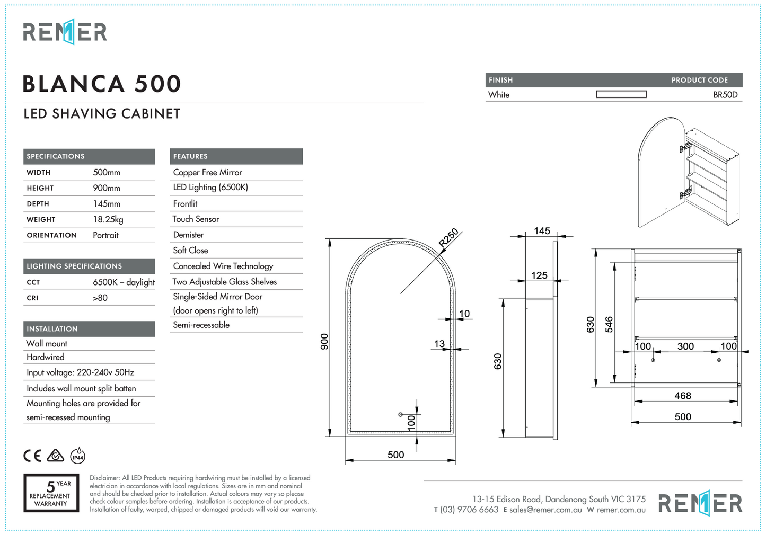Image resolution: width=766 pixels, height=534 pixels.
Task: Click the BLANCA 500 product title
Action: tap(102, 84)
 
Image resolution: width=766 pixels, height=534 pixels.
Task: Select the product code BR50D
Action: tap(725, 95)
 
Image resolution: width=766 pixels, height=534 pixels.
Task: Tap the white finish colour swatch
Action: tap(621, 94)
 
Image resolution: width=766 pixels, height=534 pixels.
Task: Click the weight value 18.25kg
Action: tap(108, 219)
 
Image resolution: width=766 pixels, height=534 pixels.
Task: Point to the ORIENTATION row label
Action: tap(51, 235)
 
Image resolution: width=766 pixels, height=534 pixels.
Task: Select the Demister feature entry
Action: tap(188, 235)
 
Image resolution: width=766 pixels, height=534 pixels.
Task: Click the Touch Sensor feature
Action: tap(196, 219)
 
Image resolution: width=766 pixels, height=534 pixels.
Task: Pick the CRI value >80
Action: tap(100, 298)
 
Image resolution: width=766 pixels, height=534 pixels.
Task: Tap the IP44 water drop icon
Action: tap(78, 455)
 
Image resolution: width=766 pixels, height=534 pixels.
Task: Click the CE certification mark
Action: tap(32, 456)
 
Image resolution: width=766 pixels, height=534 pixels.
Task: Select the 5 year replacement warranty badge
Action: tap(51, 493)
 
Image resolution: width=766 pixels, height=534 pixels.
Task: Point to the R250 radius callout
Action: tap(448, 238)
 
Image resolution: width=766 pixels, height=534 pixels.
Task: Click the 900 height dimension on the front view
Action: tap(324, 341)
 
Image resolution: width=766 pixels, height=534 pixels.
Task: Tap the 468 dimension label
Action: tap(682, 396)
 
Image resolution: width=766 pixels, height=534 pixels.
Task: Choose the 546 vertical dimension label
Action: tap(609, 324)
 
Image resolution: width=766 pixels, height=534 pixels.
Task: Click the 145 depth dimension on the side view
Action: tap(542, 231)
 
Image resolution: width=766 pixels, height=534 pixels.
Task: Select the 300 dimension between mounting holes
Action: tap(685, 346)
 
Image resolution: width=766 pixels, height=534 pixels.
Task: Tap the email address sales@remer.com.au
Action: tap(545, 510)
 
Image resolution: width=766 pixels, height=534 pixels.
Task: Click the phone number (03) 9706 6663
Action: tap(469, 510)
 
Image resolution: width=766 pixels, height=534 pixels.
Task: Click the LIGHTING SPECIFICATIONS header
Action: tap(74, 266)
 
